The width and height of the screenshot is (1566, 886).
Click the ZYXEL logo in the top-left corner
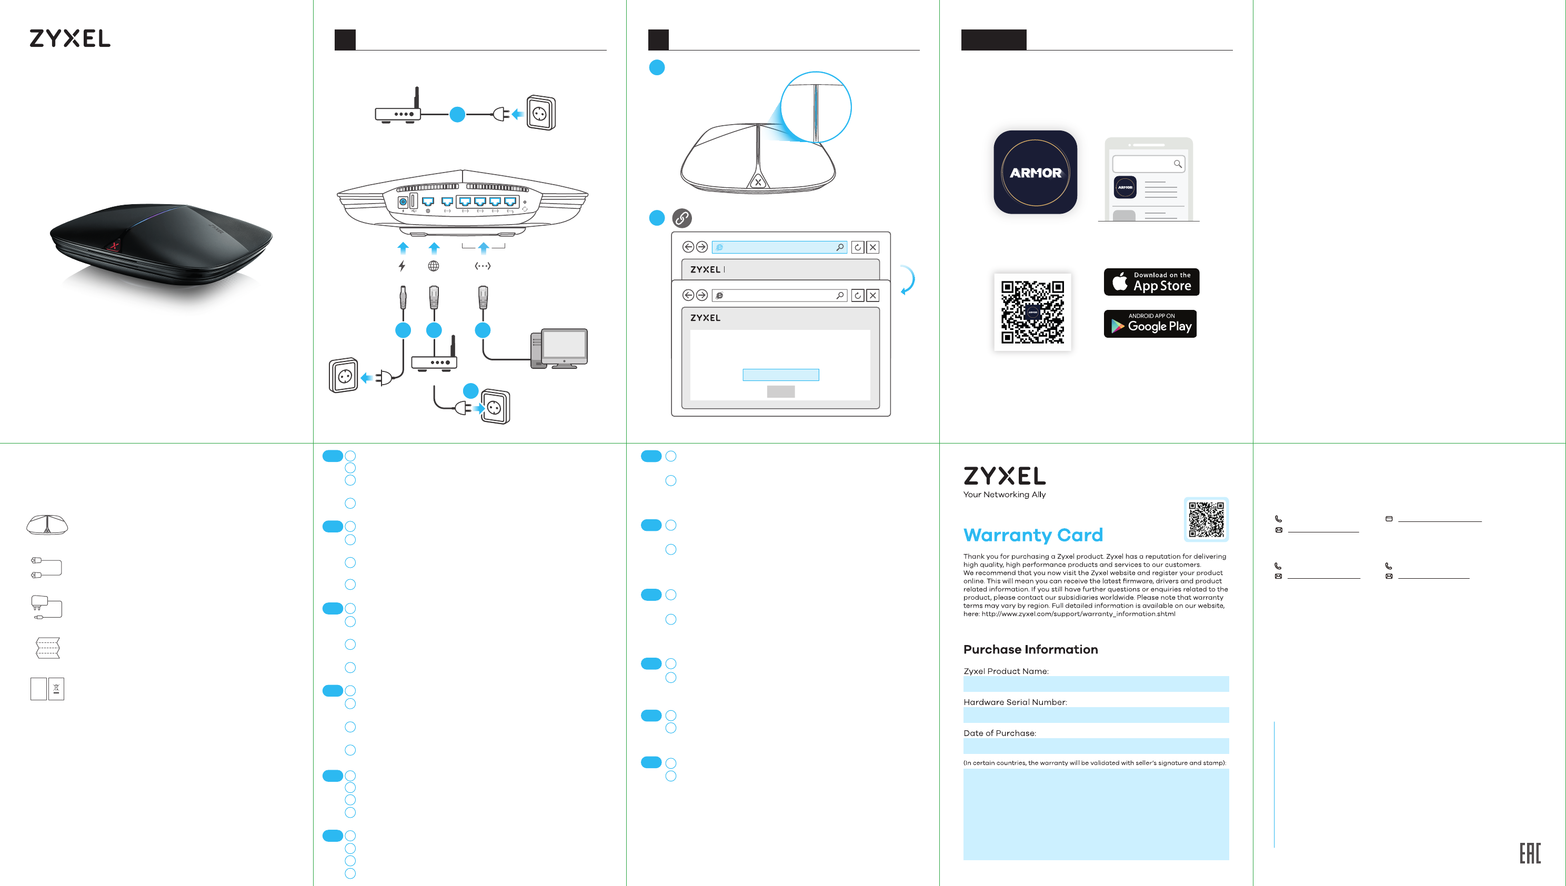(x=70, y=38)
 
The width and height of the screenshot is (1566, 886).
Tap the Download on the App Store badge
(x=1151, y=282)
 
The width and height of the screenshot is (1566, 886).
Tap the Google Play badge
(x=1150, y=324)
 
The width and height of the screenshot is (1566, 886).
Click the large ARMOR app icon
(x=1035, y=172)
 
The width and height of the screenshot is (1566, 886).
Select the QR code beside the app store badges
(x=1032, y=311)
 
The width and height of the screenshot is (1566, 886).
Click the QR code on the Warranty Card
(x=1206, y=519)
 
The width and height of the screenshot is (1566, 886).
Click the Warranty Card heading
(x=1033, y=535)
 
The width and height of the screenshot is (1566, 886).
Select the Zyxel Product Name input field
(x=1096, y=684)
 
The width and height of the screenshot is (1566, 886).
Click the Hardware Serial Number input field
(x=1096, y=715)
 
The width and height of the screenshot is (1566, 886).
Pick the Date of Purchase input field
(x=1096, y=746)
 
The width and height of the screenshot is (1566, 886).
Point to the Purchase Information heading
(x=1030, y=649)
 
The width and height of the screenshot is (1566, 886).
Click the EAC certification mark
(x=1530, y=853)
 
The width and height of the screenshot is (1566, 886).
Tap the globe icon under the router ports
(x=434, y=266)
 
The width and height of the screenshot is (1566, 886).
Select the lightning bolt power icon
(x=401, y=266)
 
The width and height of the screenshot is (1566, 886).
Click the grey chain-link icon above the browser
(x=681, y=218)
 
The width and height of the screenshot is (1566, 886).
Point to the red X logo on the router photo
(x=114, y=246)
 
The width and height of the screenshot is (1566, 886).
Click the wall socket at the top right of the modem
(x=540, y=113)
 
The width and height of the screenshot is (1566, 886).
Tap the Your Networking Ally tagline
(x=1004, y=495)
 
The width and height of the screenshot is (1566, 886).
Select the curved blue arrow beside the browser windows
(x=908, y=280)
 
